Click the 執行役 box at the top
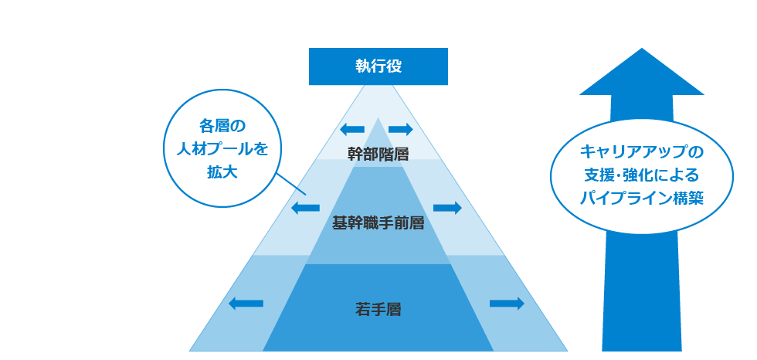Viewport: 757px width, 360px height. click(x=378, y=66)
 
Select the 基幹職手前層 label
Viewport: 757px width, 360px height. click(x=378, y=223)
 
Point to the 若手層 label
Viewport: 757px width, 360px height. click(x=378, y=310)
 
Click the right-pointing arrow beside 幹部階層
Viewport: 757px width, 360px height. click(x=401, y=128)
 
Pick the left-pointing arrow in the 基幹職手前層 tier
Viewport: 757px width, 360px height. click(x=305, y=208)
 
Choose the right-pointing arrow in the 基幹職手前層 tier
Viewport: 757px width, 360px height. click(x=447, y=208)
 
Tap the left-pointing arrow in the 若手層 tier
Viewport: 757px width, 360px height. click(x=246, y=304)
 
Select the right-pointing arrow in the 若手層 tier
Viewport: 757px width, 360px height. click(x=507, y=304)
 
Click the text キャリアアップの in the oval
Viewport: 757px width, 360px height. click(x=642, y=151)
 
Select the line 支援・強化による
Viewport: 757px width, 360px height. click(x=642, y=174)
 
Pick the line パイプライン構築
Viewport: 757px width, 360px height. click(x=642, y=197)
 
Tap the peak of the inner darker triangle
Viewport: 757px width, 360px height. click(x=378, y=120)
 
